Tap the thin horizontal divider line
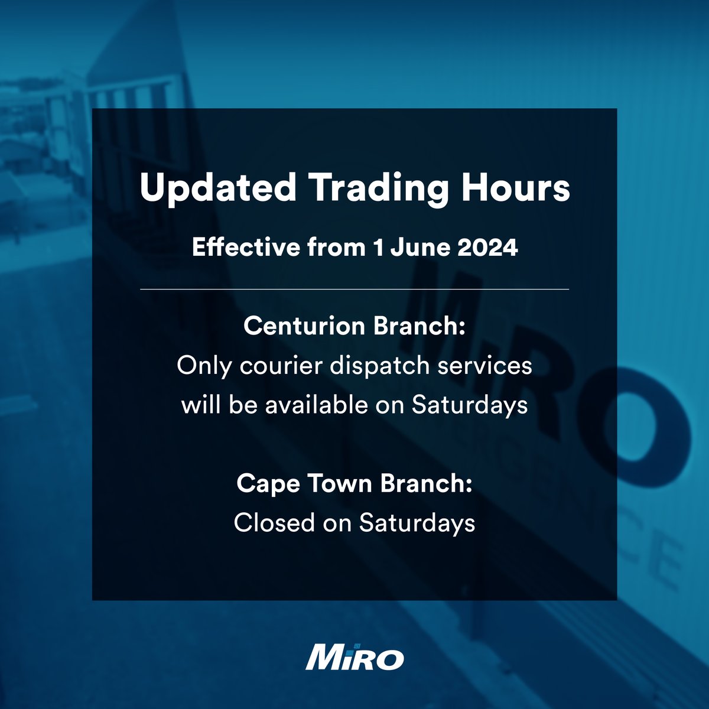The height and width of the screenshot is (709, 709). [x=354, y=290]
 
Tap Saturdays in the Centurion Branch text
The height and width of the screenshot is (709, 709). [x=470, y=406]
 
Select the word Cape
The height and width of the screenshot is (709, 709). [x=264, y=484]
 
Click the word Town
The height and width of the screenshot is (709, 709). [x=335, y=483]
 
